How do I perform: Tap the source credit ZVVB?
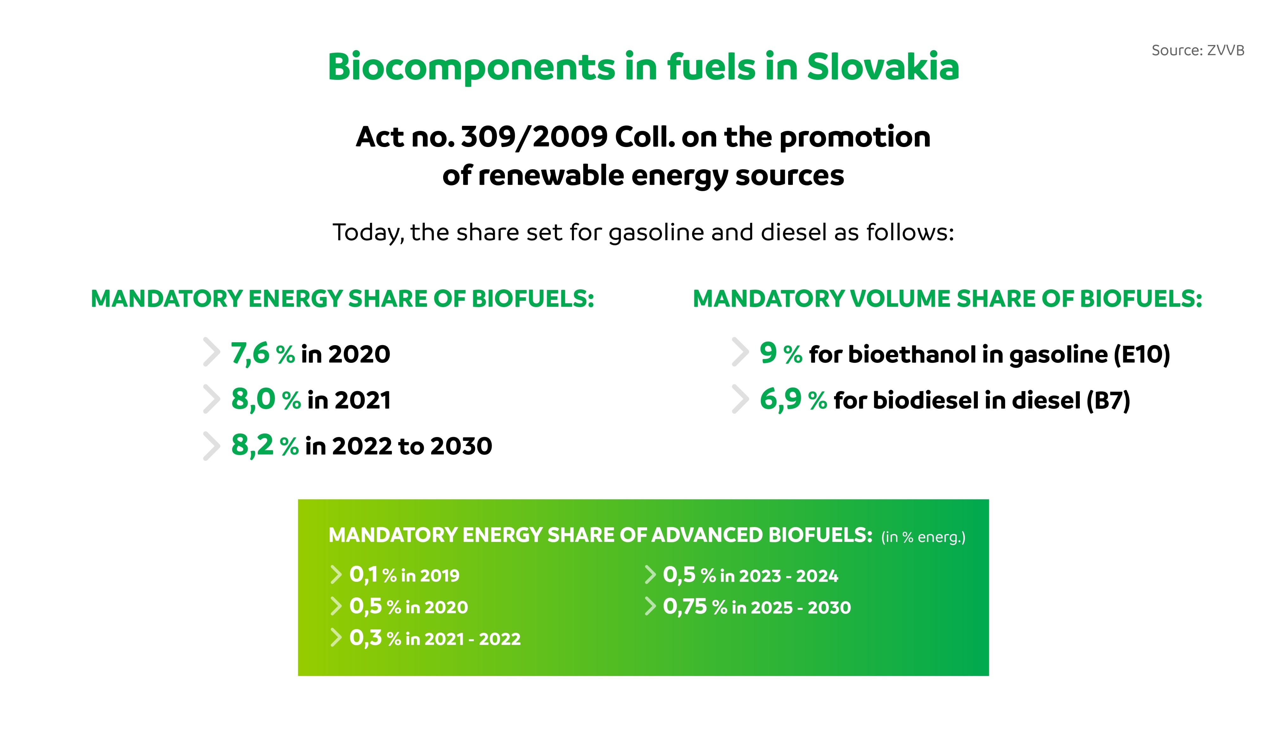click(x=1226, y=50)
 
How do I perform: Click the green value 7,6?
click(x=250, y=353)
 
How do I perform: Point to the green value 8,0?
click(x=253, y=399)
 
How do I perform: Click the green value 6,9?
click(x=780, y=399)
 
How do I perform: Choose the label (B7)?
click(x=1108, y=401)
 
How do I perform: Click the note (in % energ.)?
click(x=923, y=537)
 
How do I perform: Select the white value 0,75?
click(x=685, y=607)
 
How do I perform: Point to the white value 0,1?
click(x=363, y=575)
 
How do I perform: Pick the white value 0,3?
click(x=366, y=638)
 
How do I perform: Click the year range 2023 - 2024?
click(x=779, y=575)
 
